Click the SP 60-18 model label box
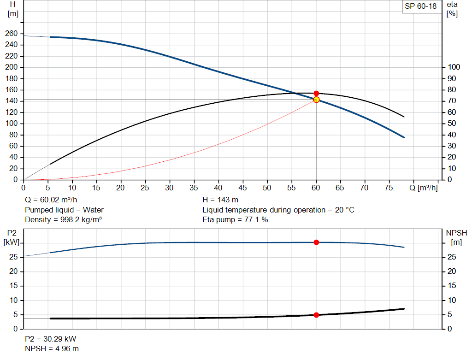pos(420,6)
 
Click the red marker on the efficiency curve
pos(316,94)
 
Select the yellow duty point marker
pos(316,100)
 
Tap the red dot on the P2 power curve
pos(316,242)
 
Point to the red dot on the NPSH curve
pos(316,315)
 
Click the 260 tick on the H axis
pos(12,34)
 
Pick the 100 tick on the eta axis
pos(454,67)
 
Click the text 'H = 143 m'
pos(220,200)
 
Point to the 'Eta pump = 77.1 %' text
pos(235,219)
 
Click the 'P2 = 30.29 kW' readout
pos(51,339)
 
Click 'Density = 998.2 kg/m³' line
pos(63,219)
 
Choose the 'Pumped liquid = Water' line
pos(64,210)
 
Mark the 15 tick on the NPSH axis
pos(453,286)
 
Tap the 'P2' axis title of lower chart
pos(11,233)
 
